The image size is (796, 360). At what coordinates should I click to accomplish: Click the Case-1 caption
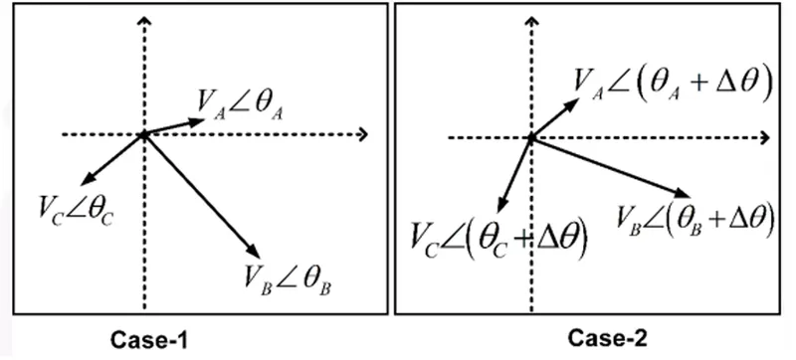(x=149, y=340)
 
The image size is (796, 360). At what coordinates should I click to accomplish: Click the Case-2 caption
(x=608, y=338)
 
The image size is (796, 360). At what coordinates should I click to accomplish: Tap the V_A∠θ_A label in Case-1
(x=240, y=105)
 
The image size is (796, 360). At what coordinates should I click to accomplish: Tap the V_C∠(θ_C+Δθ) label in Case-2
(x=499, y=240)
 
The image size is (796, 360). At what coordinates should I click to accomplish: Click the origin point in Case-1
(x=144, y=135)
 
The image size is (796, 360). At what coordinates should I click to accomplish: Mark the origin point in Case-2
(x=531, y=138)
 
